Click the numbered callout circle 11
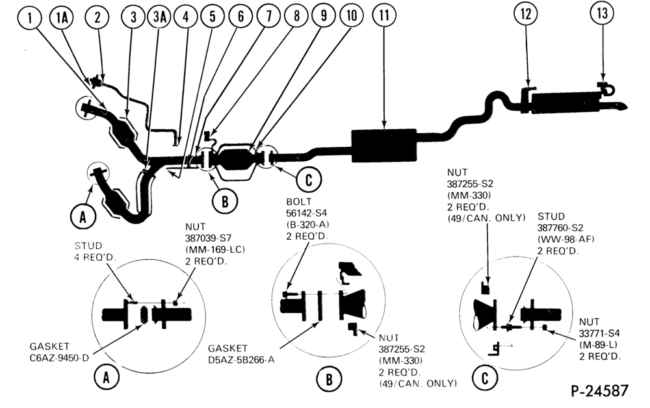(384, 15)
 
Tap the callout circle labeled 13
(602, 13)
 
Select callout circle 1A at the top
(61, 18)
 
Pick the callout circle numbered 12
(525, 14)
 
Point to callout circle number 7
(268, 16)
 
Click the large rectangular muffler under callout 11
(384, 145)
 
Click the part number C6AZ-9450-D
(59, 357)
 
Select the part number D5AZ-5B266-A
(241, 359)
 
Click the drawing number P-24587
(600, 390)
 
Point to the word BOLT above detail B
(299, 201)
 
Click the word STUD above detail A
(88, 246)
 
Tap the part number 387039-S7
(208, 238)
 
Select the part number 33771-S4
(599, 333)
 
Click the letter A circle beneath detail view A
(107, 377)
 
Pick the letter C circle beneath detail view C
(485, 377)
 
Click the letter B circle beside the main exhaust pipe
(224, 201)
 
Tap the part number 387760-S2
(560, 228)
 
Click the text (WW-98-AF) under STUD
(565, 240)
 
